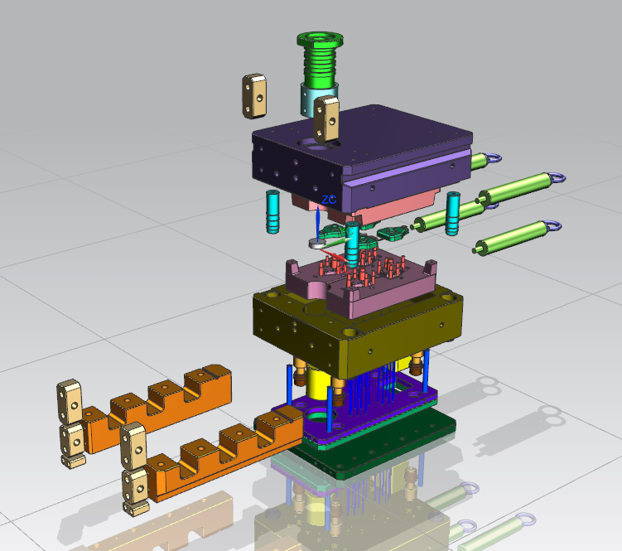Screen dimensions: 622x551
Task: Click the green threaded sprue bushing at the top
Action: pos(320,60)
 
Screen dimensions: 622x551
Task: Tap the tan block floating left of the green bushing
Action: pos(254,95)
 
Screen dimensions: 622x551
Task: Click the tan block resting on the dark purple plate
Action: pos(326,119)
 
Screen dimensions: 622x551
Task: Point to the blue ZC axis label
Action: pos(329,200)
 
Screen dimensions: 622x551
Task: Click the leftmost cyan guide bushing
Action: pos(272,211)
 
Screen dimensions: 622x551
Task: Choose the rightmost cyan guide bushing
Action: pos(452,213)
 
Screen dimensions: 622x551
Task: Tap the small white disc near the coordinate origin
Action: pos(317,244)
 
